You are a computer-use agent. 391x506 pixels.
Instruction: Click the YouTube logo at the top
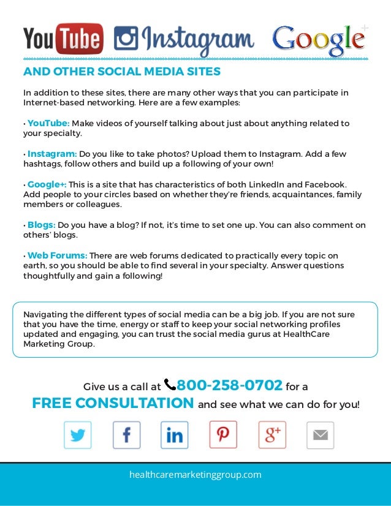[x=63, y=39]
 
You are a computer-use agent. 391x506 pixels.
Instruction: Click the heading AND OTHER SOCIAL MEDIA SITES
[x=122, y=72]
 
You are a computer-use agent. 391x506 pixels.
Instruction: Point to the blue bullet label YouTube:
[x=48, y=124]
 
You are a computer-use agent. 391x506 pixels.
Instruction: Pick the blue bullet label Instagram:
[x=51, y=154]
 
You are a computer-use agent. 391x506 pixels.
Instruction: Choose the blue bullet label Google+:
[x=47, y=184]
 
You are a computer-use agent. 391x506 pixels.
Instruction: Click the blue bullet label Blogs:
[x=41, y=225]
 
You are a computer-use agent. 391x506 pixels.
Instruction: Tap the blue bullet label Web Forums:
[x=57, y=255]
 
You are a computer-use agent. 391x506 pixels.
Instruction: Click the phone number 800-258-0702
[x=230, y=385]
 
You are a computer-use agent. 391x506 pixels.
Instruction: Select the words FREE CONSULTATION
[x=113, y=404]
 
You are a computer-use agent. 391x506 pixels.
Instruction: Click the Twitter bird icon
[x=78, y=436]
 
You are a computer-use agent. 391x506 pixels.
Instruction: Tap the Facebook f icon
[x=126, y=436]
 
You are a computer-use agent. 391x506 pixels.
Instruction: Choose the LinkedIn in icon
[x=175, y=436]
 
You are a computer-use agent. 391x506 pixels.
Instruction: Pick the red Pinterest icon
[x=223, y=435]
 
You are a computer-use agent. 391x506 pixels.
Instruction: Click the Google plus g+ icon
[x=272, y=436]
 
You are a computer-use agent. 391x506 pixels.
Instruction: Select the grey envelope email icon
[x=320, y=436]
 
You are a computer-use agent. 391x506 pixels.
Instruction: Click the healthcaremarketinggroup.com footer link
[x=195, y=475]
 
